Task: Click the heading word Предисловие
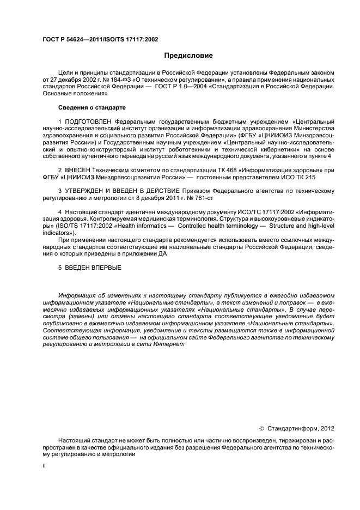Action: click(189, 56)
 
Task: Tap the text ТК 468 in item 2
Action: click(202, 170)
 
